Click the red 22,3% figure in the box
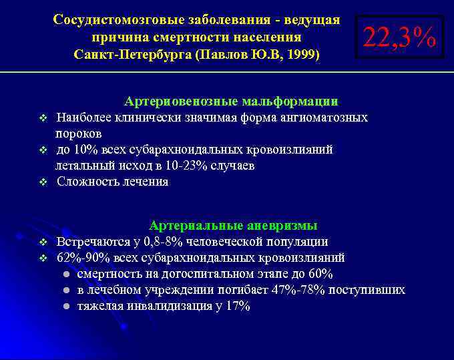pos(399,37)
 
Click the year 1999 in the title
pos(303,53)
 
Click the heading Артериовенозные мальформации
pos(231,102)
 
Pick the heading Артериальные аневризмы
pos(233,225)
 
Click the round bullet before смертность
pos(66,275)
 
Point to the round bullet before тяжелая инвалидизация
pos(66,307)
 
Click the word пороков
pos(79,134)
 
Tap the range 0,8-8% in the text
pos(166,242)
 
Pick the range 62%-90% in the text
pos(79,258)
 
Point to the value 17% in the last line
pos(238,307)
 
